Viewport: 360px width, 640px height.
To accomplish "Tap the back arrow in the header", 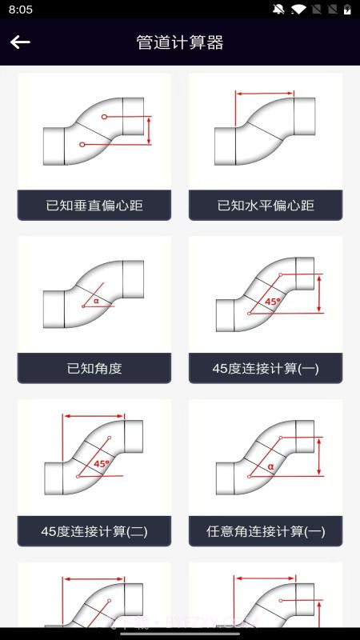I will pos(20,42).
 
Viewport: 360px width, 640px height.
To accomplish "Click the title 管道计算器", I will pos(180,42).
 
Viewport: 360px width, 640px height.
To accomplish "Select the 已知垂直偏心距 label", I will pos(94,206).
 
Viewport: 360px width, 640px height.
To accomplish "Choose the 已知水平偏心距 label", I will pos(266,206).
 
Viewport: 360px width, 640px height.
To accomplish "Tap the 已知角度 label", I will pos(94,369).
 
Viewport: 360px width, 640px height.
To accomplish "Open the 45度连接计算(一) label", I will pos(266,369).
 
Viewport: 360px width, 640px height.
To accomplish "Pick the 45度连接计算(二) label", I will pos(94,531).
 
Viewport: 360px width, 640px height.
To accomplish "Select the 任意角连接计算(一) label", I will pos(266,531).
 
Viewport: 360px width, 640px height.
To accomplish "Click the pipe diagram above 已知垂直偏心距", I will pos(94,132).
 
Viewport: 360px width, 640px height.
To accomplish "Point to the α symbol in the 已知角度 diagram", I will pos(96,301).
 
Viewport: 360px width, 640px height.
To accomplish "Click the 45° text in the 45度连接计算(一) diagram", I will pos(273,302).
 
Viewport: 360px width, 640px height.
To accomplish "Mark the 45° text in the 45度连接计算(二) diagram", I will pos(102,463).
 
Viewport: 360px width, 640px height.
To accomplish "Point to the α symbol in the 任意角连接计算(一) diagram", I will pos(270,466).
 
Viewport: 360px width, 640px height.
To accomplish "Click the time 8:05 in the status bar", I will pos(21,10).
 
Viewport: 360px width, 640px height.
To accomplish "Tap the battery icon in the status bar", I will pos(347,10).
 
